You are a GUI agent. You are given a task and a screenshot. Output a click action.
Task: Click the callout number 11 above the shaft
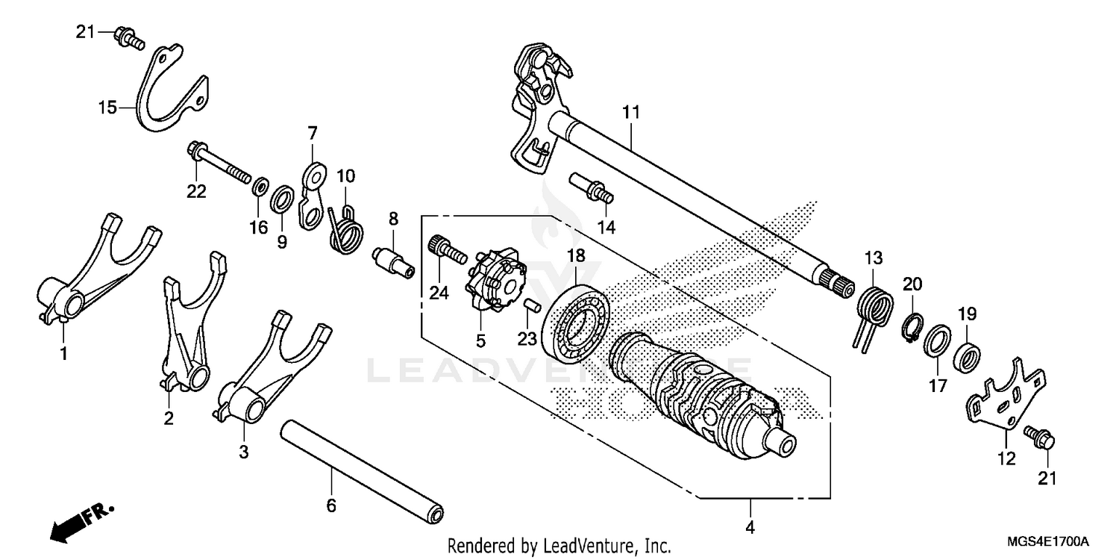(x=631, y=113)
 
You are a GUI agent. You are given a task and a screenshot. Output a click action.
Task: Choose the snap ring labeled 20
(x=912, y=325)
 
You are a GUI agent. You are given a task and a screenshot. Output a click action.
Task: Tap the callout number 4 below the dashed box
(x=750, y=528)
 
